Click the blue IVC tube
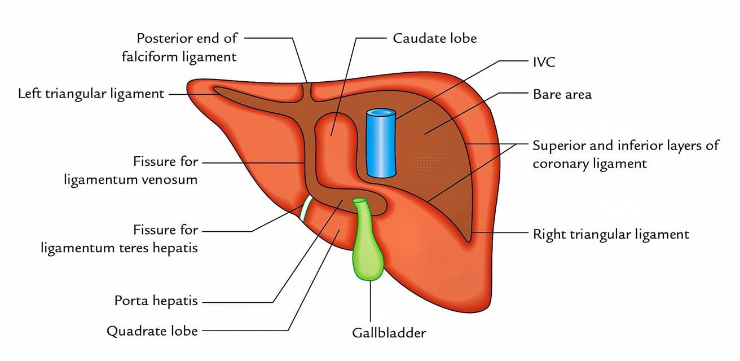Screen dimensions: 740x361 tap(381, 143)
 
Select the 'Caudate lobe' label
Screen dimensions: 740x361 tap(434, 38)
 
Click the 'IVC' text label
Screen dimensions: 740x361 tap(544, 61)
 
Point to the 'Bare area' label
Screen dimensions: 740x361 tap(562, 94)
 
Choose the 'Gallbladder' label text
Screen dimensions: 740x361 tap(389, 333)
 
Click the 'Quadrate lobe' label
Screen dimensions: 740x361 tap(152, 331)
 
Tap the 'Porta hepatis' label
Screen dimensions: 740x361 tap(156, 301)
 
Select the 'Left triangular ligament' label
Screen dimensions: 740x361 tap(91, 94)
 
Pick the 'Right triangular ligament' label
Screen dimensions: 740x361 tap(611, 234)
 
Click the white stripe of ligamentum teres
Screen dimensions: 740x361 tap(305, 208)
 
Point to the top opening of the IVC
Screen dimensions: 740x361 tap(381, 113)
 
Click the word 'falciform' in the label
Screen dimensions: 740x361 tap(149, 56)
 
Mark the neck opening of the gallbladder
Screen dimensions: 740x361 tap(359, 200)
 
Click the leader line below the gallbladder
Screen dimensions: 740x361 tap(371, 301)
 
